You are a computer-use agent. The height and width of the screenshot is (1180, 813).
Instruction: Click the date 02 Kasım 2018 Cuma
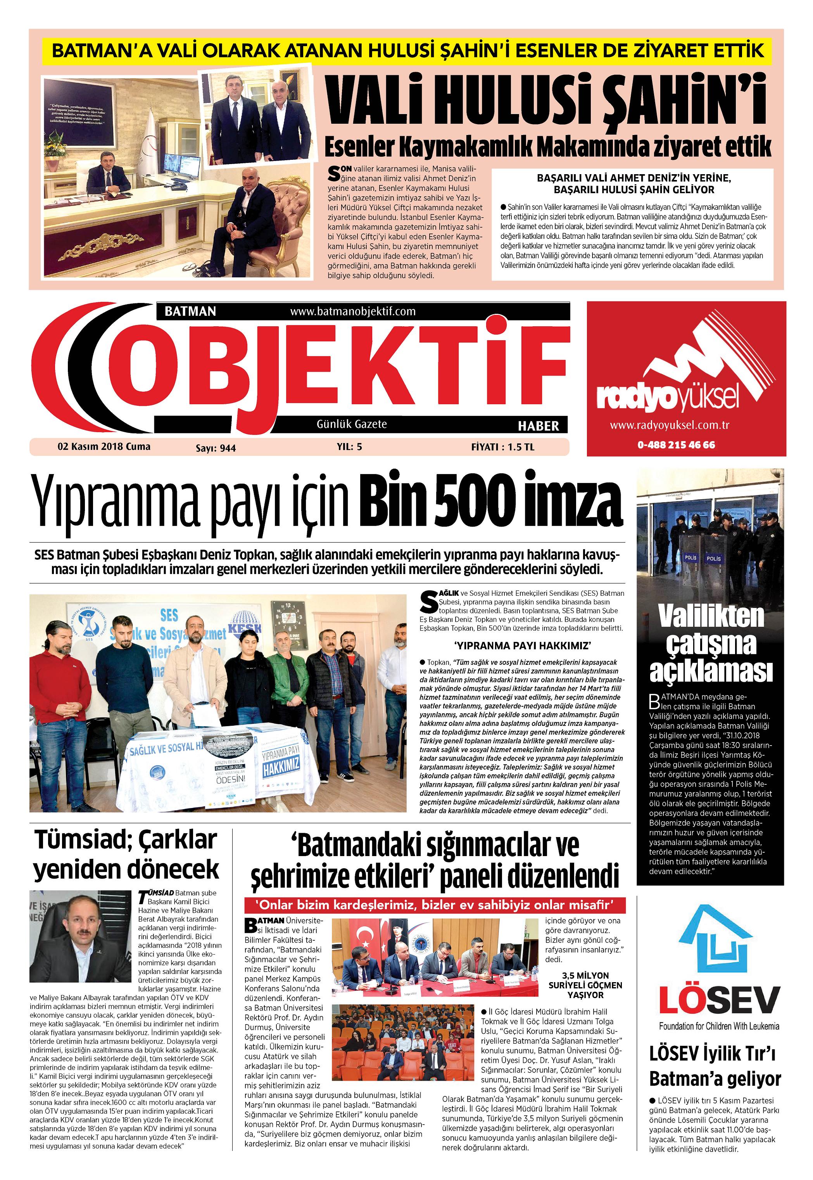click(x=104, y=446)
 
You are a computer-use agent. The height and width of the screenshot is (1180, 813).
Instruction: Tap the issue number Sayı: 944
click(x=216, y=448)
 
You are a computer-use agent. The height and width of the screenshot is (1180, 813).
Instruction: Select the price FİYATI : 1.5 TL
click(x=502, y=447)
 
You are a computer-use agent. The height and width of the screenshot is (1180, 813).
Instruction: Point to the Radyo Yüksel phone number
click(x=676, y=445)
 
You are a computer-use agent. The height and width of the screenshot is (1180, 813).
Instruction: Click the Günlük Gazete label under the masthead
click(x=352, y=424)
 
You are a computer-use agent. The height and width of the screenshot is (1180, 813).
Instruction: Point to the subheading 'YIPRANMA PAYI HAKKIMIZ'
click(x=523, y=646)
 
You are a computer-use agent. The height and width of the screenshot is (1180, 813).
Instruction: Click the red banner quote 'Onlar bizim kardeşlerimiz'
click(x=435, y=905)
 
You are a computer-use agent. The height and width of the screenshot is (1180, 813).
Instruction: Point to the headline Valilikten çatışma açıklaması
click(x=711, y=643)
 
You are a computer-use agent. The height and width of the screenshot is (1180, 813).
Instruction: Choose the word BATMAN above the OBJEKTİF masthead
click(x=190, y=311)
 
